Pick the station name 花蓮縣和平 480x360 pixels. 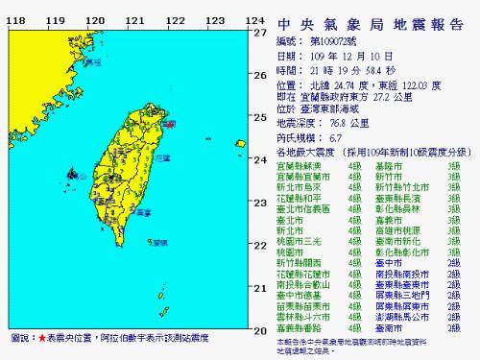(300, 198)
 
